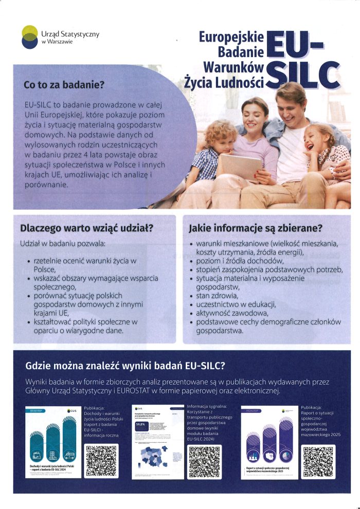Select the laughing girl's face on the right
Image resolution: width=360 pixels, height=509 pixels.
pyautogui.click(x=318, y=139)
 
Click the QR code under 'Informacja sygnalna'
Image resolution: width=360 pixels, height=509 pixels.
pyautogui.click(x=205, y=462)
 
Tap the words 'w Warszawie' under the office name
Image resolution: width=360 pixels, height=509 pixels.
pyautogui.click(x=57, y=42)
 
